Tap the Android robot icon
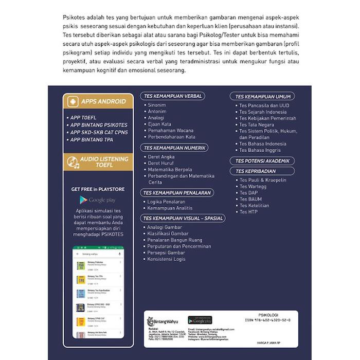(x=73, y=101)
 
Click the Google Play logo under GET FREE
(x=97, y=200)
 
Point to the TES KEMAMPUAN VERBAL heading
(x=172, y=96)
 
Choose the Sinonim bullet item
(x=156, y=105)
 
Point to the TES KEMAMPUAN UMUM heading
(x=263, y=96)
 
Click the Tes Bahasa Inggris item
(x=260, y=150)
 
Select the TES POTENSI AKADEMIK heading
(x=263, y=161)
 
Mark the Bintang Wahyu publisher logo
(x=160, y=321)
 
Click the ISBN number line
(x=268, y=320)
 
